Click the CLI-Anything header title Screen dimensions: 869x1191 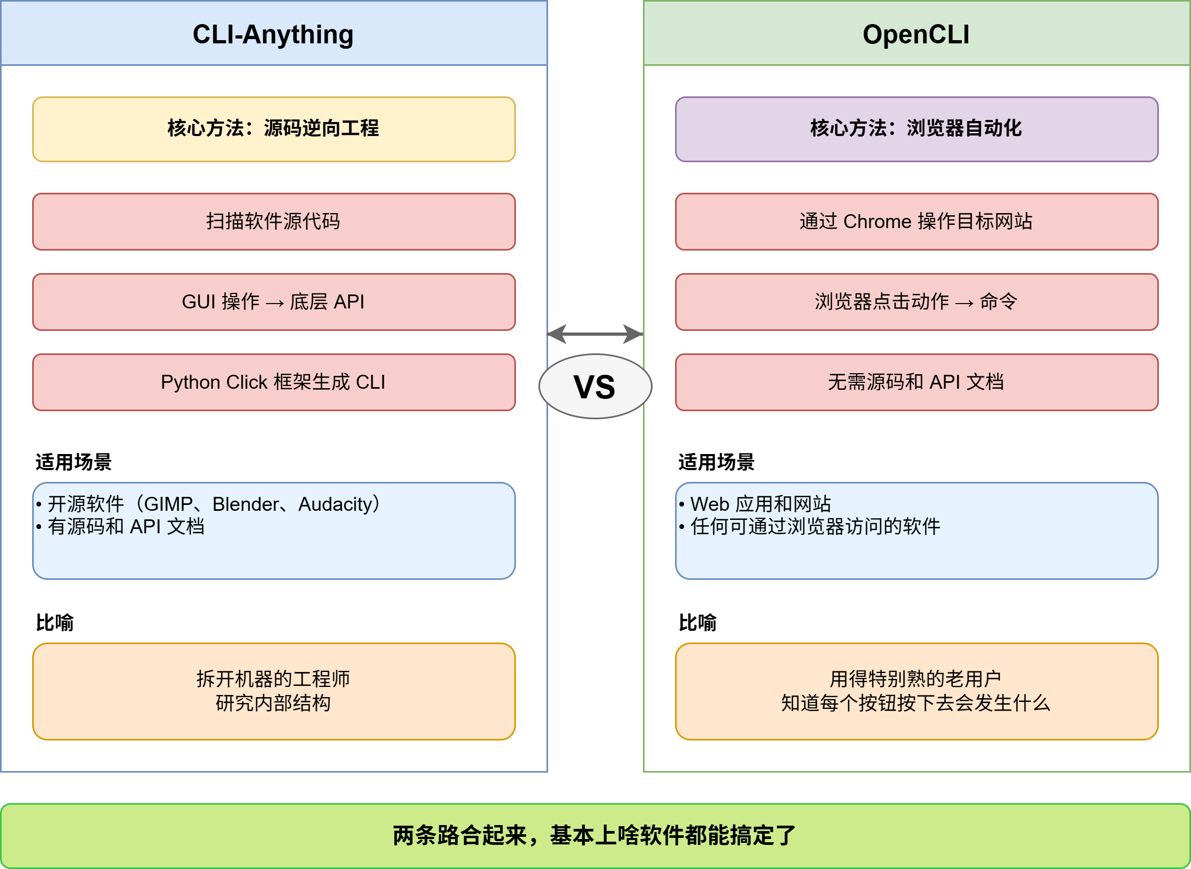click(273, 34)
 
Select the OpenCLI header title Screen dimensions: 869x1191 click(916, 34)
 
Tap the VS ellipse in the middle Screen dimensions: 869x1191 click(595, 386)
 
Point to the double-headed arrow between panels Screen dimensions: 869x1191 click(595, 334)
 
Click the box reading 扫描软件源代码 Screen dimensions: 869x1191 click(274, 221)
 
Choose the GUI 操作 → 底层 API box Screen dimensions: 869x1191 click(274, 301)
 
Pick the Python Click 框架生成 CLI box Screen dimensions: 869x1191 click(274, 382)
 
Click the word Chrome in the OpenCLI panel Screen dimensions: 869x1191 click(877, 221)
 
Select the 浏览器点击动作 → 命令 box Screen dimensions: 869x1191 click(916, 301)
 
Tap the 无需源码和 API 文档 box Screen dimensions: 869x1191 click(916, 382)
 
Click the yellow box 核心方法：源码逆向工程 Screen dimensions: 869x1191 click(274, 129)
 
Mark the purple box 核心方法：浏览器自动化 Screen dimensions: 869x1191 click(916, 129)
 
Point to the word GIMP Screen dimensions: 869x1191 click(168, 504)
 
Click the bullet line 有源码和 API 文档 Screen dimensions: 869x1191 click(126, 526)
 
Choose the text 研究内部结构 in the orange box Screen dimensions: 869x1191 click(273, 703)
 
